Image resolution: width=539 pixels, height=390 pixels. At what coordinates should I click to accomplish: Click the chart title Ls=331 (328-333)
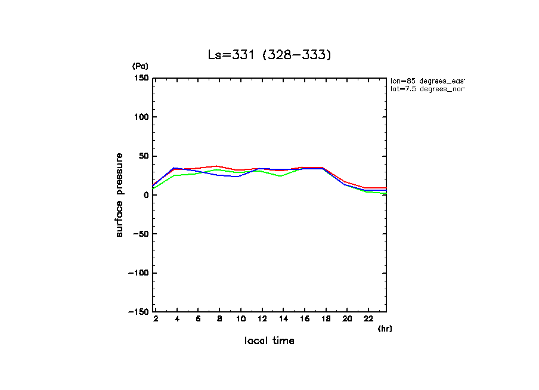pos(269,55)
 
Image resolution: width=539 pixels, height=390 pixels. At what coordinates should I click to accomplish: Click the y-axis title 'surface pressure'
pos(119,195)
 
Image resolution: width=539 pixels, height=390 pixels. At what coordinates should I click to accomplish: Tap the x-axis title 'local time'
pos(269,341)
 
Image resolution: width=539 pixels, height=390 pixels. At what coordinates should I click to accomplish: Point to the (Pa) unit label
pos(140,66)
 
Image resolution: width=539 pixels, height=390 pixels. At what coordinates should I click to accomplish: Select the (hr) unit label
pos(385,329)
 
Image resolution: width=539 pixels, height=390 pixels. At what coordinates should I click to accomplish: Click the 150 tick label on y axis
pos(141,78)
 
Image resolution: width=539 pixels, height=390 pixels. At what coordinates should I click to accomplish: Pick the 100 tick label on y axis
pos(141,117)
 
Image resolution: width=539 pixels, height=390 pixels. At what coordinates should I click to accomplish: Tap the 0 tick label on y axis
pos(145,195)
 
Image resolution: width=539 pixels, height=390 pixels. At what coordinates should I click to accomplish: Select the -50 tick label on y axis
pos(140,234)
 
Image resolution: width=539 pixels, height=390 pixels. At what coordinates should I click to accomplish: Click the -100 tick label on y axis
pos(138,273)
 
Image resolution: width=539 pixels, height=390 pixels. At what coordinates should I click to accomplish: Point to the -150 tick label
pos(138,311)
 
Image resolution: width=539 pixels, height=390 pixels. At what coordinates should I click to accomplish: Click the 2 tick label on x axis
pos(156,320)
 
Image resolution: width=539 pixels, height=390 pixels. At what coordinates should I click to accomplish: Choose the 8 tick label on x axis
pos(219,320)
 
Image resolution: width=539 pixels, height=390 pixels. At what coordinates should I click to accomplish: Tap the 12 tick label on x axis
pos(262,320)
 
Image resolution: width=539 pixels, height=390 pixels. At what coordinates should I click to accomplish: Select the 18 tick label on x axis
pos(326,320)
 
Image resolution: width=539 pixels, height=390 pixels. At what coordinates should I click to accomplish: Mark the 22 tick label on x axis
pos(368,320)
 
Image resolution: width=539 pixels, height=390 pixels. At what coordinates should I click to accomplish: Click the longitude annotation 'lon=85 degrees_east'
pos(427,81)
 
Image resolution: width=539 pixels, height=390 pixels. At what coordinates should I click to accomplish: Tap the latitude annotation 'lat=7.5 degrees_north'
pos(427,89)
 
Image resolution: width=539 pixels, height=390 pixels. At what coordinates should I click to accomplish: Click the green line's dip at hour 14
pos(280,177)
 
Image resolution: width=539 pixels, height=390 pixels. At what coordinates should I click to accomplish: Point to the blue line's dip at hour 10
pos(238,177)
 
